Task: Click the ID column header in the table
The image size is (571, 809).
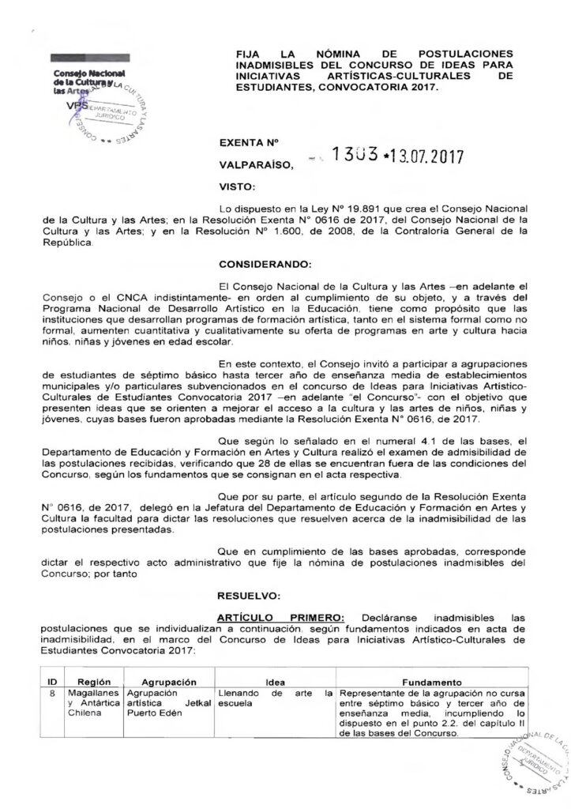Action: (51, 681)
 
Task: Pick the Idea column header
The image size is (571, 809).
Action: (275, 681)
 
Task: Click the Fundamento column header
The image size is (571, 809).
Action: (431, 681)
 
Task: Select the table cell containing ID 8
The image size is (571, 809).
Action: (51, 693)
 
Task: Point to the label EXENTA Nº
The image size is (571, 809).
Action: (250, 144)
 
